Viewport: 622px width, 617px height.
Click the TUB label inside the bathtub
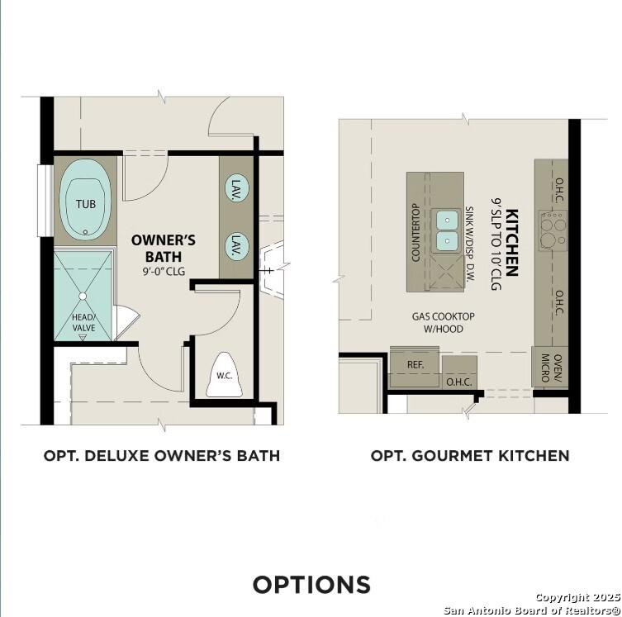85,204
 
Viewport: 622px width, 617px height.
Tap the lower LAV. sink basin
236,244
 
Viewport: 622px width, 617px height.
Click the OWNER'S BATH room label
164,248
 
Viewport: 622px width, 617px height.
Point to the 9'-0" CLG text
164,269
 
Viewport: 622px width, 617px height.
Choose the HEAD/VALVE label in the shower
83,323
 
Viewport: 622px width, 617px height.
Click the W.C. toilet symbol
223,376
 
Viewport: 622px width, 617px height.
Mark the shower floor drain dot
83,295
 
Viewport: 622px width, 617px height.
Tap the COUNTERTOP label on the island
415,232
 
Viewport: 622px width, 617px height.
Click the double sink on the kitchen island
447,230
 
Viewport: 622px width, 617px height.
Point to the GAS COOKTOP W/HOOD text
444,323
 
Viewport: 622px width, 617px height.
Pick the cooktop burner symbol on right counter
553,223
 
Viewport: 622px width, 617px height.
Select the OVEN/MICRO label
546,368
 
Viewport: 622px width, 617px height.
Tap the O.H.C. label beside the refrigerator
458,382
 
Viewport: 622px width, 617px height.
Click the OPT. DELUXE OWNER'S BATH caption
162,455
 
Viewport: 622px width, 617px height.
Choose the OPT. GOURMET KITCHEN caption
469,455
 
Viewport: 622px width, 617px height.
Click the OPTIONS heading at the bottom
311,585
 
